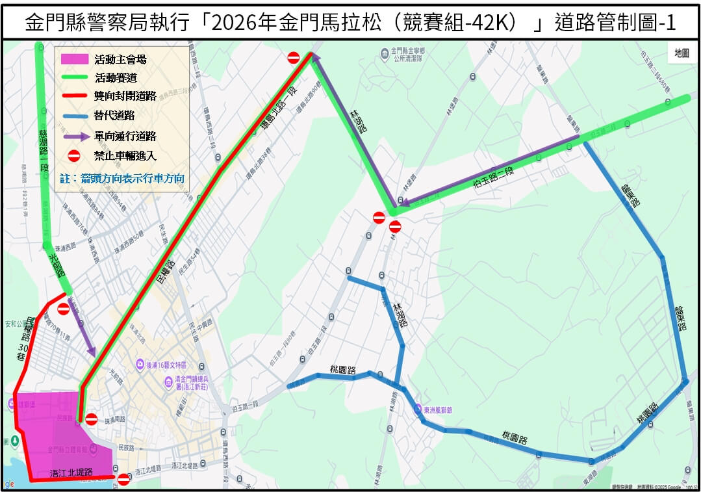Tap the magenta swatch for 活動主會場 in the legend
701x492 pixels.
[x=74, y=59]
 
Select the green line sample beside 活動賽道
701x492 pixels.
[x=74, y=78]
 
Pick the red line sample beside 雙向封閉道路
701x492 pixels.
[x=74, y=97]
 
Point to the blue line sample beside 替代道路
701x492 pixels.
[x=74, y=116]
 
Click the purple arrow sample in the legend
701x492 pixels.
[x=74, y=136]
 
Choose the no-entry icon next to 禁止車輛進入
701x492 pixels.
[x=74, y=156]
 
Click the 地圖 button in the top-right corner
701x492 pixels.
[x=682, y=53]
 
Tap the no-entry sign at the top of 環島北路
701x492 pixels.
[x=294, y=58]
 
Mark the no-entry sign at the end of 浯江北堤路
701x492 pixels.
[x=123, y=480]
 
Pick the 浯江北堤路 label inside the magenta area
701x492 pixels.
[x=71, y=472]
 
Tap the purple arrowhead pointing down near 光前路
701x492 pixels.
[x=92, y=352]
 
